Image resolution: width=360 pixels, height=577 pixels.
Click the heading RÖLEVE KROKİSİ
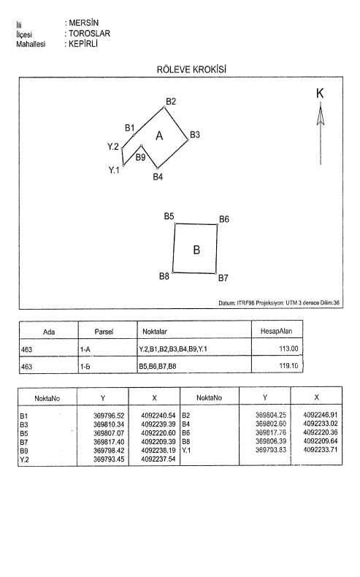(179, 70)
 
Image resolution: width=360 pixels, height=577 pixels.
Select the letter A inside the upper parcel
(159, 136)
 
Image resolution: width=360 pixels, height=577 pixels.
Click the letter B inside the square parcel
(196, 250)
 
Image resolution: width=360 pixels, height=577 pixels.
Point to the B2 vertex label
(171, 101)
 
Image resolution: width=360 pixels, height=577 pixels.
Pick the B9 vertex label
(141, 157)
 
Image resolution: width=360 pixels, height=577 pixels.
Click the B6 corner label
(224, 219)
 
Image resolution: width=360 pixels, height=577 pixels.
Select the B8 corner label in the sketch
(164, 276)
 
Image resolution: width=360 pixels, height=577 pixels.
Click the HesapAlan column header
(276, 332)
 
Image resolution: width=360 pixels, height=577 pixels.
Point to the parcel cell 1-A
(85, 348)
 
